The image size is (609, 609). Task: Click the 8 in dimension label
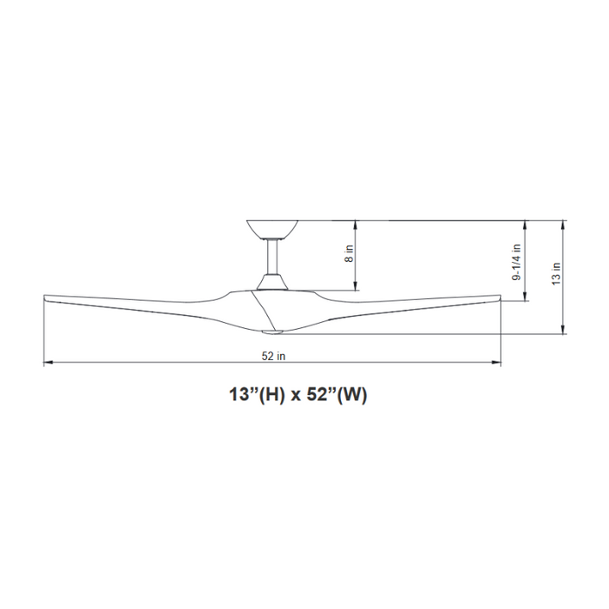pyautogui.click(x=350, y=253)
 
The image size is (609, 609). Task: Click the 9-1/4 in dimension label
pyautogui.click(x=517, y=261)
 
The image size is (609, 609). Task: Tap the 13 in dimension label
pyautogui.click(x=556, y=275)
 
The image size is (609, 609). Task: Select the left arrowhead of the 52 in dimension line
pyautogui.click(x=47, y=364)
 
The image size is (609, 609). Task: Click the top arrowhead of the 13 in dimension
pyautogui.click(x=566, y=224)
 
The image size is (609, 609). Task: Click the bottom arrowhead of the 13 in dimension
pyautogui.click(x=566, y=330)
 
